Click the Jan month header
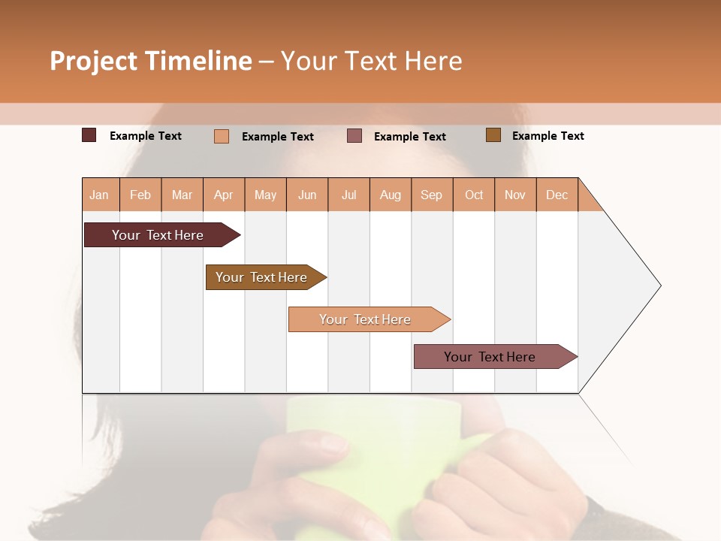coord(99,195)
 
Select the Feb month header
coord(140,195)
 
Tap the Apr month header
coord(224,195)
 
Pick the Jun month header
coord(307,195)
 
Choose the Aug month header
coord(391,195)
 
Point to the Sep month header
coord(432,195)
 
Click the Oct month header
coord(474,195)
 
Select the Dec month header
coord(557,195)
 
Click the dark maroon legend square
coord(89,135)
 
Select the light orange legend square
coord(222,136)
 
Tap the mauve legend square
coord(354,136)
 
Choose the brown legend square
coord(493,135)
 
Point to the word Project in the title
coord(94,61)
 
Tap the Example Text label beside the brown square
coord(548,136)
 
